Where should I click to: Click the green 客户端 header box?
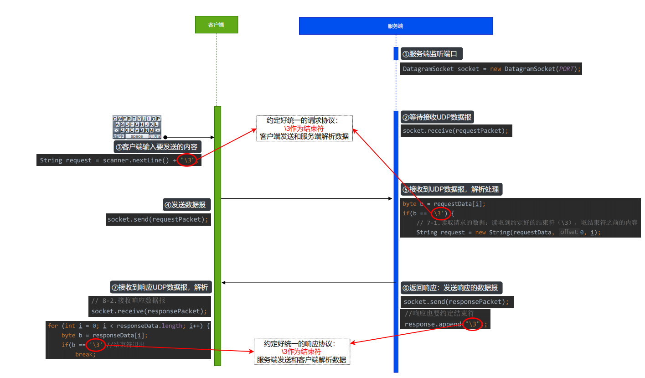click(216, 25)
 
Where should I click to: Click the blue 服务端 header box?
click(396, 26)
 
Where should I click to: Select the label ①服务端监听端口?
click(432, 54)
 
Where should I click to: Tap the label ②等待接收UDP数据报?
click(437, 117)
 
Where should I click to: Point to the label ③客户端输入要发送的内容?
click(157, 147)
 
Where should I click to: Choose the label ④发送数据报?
click(186, 205)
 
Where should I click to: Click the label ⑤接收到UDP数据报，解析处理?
click(451, 189)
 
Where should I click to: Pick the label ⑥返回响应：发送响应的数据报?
click(451, 288)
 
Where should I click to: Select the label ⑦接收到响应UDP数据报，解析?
click(160, 287)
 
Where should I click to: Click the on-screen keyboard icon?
click(137, 127)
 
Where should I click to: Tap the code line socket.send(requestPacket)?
click(158, 219)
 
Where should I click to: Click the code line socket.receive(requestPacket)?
click(456, 131)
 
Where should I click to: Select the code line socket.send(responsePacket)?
click(457, 302)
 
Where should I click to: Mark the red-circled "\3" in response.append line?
click(473, 324)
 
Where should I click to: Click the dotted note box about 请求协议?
click(304, 128)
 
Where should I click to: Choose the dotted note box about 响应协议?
click(301, 352)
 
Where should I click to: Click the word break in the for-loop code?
click(85, 354)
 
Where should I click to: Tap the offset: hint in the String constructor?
click(568, 232)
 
